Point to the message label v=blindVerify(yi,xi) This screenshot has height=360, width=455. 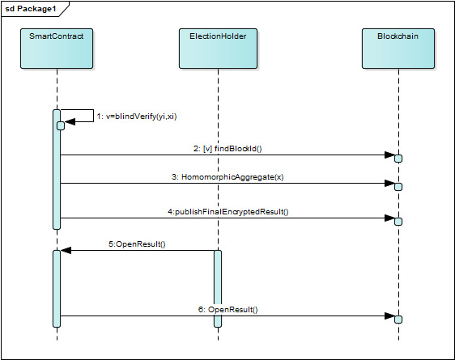click(x=137, y=116)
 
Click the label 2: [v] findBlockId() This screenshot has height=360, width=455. click(x=228, y=149)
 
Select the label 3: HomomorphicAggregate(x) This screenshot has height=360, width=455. click(x=227, y=176)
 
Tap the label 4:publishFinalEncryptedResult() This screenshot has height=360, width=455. click(x=228, y=212)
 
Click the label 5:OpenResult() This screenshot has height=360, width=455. click(x=138, y=244)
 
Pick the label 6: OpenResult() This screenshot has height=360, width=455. click(x=228, y=310)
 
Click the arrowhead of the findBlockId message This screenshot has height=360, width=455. click(x=389, y=155)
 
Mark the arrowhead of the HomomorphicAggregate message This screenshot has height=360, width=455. click(x=389, y=183)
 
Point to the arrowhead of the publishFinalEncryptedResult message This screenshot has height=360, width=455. click(x=389, y=218)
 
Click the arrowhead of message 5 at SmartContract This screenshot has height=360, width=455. click(x=66, y=250)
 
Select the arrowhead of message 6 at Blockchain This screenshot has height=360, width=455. click(x=389, y=316)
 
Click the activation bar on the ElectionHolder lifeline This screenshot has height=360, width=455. click(x=218, y=288)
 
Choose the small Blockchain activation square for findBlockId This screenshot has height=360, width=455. click(x=398, y=158)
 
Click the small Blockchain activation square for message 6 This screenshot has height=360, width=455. click(x=398, y=320)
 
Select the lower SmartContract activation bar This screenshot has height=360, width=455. click(x=57, y=288)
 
